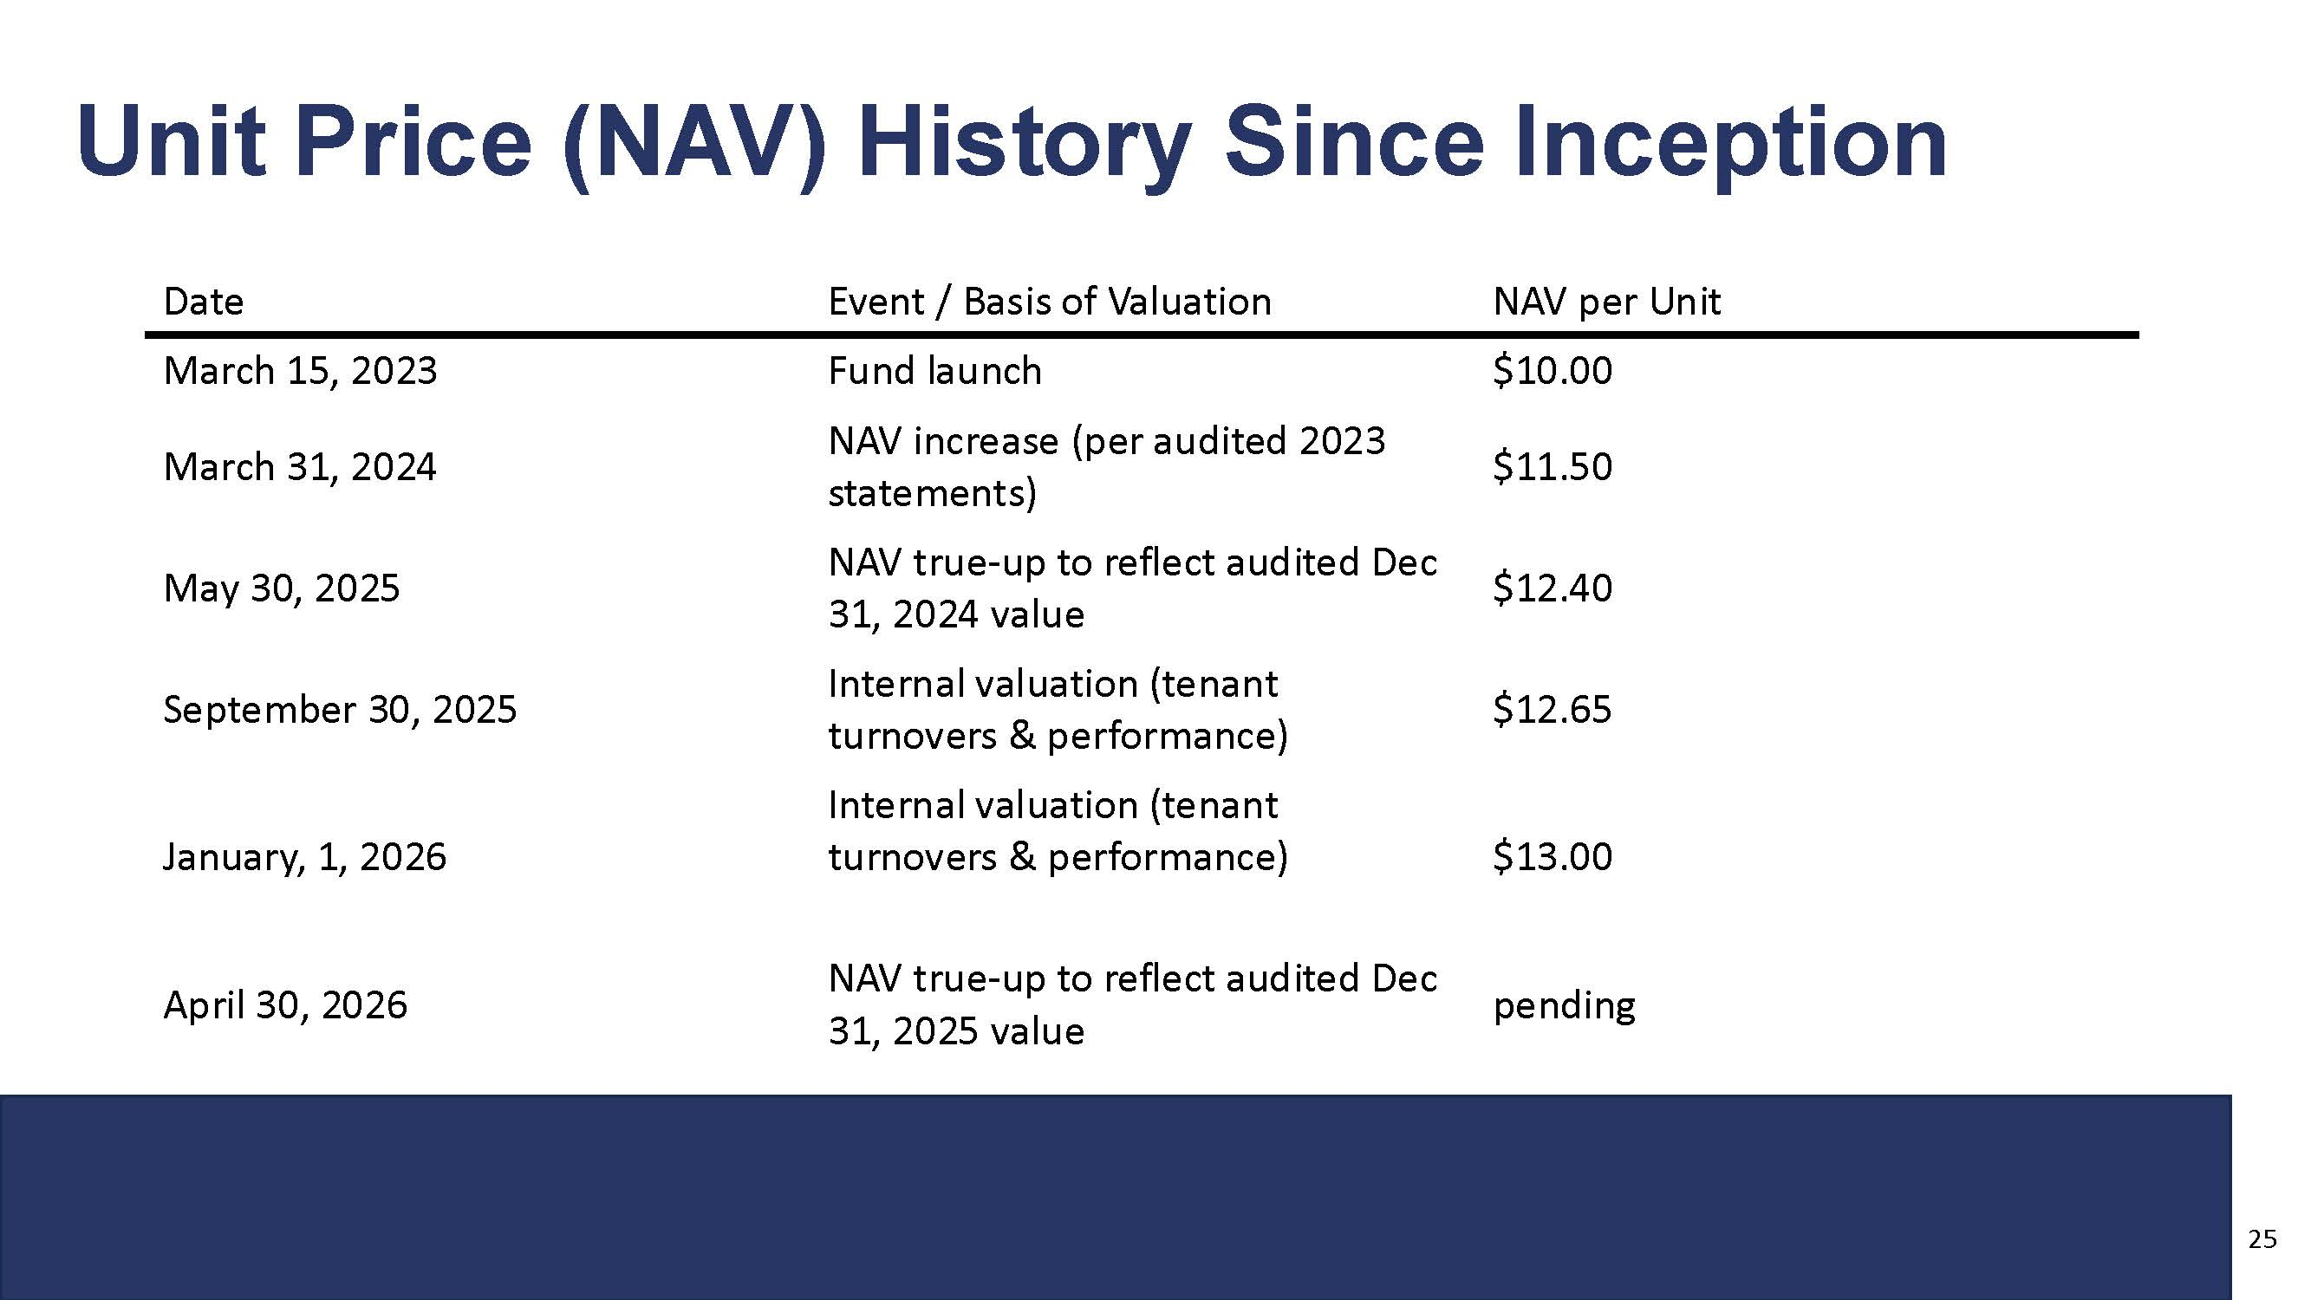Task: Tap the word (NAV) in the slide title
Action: pos(694,144)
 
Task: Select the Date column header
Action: pos(204,302)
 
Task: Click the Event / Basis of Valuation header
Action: pos(1050,302)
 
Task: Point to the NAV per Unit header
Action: pos(1607,302)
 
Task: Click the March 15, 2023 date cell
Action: pos(301,371)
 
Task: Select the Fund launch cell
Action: pos(934,371)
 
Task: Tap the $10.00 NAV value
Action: pos(1552,371)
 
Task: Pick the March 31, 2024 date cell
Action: pos(300,466)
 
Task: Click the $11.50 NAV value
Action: pos(1552,466)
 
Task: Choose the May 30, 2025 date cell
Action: pos(282,588)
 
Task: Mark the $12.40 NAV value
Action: pos(1552,588)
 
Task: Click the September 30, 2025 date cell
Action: pos(340,710)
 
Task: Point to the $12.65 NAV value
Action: pos(1552,709)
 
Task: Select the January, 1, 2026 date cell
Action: pos(305,857)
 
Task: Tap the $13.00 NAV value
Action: pos(1552,856)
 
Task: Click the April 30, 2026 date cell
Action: pos(285,1004)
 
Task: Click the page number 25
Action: pos(2262,1240)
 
